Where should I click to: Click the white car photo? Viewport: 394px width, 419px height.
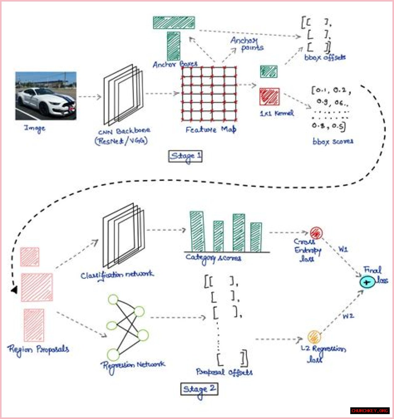click(46, 96)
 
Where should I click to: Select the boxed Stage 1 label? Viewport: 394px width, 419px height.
click(185, 156)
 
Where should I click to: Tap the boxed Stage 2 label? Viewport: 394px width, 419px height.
click(199, 389)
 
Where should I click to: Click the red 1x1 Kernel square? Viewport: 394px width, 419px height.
click(269, 96)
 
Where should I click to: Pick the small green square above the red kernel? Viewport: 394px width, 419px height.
click(268, 72)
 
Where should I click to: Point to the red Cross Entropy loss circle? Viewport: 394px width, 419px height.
click(316, 233)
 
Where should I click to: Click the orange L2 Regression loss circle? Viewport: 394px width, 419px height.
click(314, 337)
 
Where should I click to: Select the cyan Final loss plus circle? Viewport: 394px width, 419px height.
click(367, 282)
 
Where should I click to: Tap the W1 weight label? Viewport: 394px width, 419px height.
click(343, 249)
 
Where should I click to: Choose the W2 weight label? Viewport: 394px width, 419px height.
click(348, 316)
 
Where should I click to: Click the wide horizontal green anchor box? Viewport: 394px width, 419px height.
click(174, 23)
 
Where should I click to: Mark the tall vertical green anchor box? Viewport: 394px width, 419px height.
click(174, 46)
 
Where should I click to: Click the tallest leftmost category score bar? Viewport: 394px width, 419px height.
click(197, 232)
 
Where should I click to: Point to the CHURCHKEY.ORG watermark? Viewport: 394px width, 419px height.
click(370, 411)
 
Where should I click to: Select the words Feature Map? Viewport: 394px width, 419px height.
click(211, 130)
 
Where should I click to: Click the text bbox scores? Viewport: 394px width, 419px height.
click(333, 142)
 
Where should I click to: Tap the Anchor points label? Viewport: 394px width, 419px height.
click(247, 44)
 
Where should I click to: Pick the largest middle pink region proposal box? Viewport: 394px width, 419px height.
click(37, 287)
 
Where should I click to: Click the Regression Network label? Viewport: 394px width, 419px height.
click(133, 365)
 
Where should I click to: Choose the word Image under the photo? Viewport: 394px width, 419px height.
click(35, 128)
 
